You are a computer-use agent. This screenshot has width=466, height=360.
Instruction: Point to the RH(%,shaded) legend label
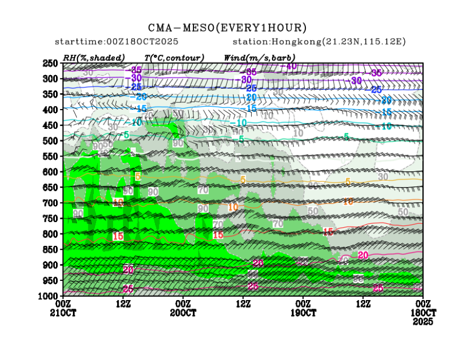tap(94, 57)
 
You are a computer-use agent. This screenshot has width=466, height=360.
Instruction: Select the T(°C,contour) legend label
tap(174, 57)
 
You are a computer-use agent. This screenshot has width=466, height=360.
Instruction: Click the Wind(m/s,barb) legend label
tap(260, 57)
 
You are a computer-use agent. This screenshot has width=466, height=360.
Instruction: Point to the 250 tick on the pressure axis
tap(51, 63)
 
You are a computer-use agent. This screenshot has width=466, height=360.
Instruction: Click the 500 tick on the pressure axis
tap(51, 141)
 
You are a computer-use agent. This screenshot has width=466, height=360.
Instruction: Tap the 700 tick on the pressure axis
tap(51, 203)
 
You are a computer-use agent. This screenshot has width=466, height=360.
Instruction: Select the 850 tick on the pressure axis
tap(51, 249)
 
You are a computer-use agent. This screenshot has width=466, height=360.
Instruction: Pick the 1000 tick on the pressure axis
tap(49, 296)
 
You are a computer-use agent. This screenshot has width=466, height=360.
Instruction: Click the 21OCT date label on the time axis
tap(63, 313)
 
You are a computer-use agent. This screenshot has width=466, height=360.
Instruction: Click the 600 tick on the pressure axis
tap(51, 172)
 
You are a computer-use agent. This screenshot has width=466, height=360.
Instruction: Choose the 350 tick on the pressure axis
tap(51, 94)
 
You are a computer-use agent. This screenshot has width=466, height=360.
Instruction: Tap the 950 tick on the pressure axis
tap(51, 280)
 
